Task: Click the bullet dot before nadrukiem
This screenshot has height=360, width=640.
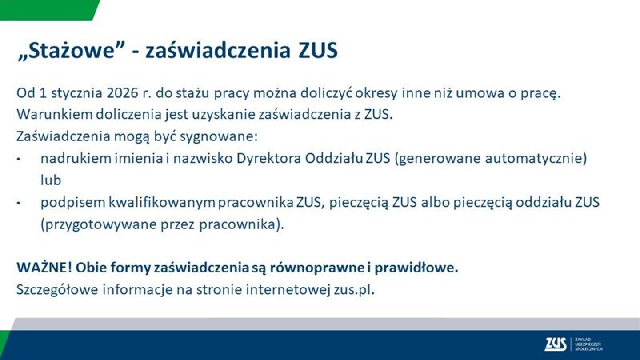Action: [19, 159]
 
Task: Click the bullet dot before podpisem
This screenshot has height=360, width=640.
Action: [19, 203]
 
